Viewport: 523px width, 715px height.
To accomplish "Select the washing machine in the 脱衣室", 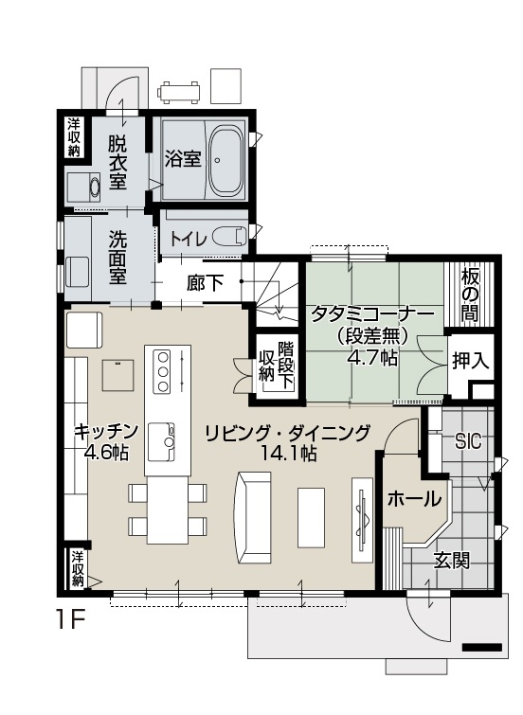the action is (x=83, y=187).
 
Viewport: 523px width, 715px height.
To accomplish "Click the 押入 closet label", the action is (x=470, y=361).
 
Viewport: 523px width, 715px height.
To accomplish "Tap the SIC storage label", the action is (x=468, y=441).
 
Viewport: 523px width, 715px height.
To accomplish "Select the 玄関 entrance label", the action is (x=451, y=561).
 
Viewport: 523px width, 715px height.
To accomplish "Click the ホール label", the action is (x=414, y=500).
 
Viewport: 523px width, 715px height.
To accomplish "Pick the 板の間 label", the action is (x=470, y=295).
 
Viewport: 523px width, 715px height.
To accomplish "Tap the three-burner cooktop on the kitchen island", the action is (x=163, y=371).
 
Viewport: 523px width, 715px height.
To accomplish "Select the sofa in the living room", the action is (x=252, y=519).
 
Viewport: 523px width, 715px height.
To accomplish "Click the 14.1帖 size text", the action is (x=287, y=454).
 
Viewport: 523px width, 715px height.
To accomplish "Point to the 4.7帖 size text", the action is (x=372, y=358).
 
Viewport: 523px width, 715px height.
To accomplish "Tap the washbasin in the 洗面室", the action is (x=77, y=272).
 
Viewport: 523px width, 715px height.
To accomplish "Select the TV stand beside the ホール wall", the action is (x=362, y=520).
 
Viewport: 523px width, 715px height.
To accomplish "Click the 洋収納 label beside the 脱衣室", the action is (x=74, y=136).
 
